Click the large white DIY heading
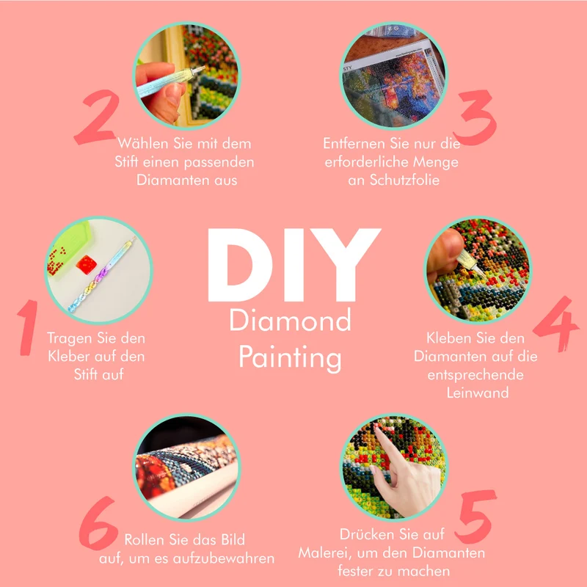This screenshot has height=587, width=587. coord(294,265)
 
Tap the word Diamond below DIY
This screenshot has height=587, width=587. coord(290,320)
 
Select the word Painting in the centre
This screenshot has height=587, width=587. coord(290,358)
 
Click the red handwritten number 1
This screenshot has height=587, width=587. coord(28,327)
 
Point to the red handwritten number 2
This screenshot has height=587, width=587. coord(97,117)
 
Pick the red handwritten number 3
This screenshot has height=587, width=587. coord(475,117)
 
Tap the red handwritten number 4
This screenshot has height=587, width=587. coord(557,324)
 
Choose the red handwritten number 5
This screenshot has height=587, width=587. coord(475,517)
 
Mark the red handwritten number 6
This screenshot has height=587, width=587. coord(98,523)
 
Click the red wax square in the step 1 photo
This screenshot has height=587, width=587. coord(87,265)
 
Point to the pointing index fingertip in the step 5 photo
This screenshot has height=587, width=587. coord(377,429)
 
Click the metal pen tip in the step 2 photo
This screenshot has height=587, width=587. coord(199,70)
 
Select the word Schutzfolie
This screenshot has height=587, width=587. coord(404,180)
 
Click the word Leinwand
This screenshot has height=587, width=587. coord(478,393)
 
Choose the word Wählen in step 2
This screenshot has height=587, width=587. coord(143,143)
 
